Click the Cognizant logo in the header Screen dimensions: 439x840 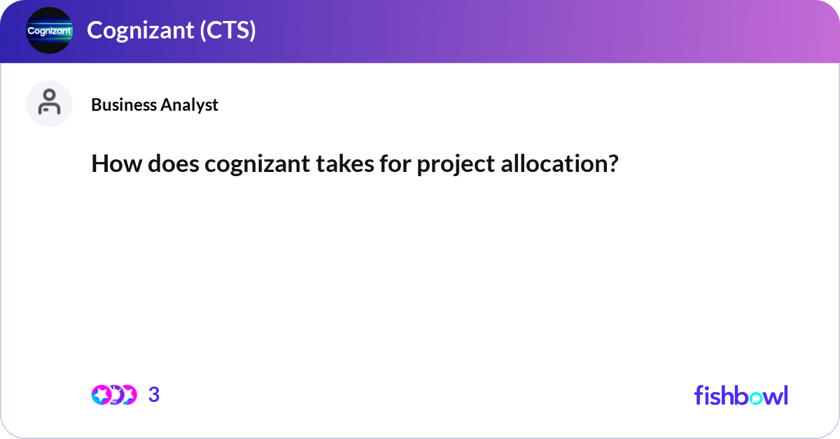pyautogui.click(x=49, y=31)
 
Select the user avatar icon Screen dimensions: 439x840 pyautogui.click(x=49, y=103)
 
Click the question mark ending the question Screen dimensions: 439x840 pyautogui.click(x=613, y=165)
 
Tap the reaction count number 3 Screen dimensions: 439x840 pyautogui.click(x=154, y=395)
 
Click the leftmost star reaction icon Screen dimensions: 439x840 pyautogui.click(x=101, y=395)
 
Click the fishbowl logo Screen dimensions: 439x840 pyautogui.click(x=741, y=395)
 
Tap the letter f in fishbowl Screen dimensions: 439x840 pyautogui.click(x=699, y=395)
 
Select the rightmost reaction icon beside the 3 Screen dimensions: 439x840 pyautogui.click(x=129, y=395)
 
